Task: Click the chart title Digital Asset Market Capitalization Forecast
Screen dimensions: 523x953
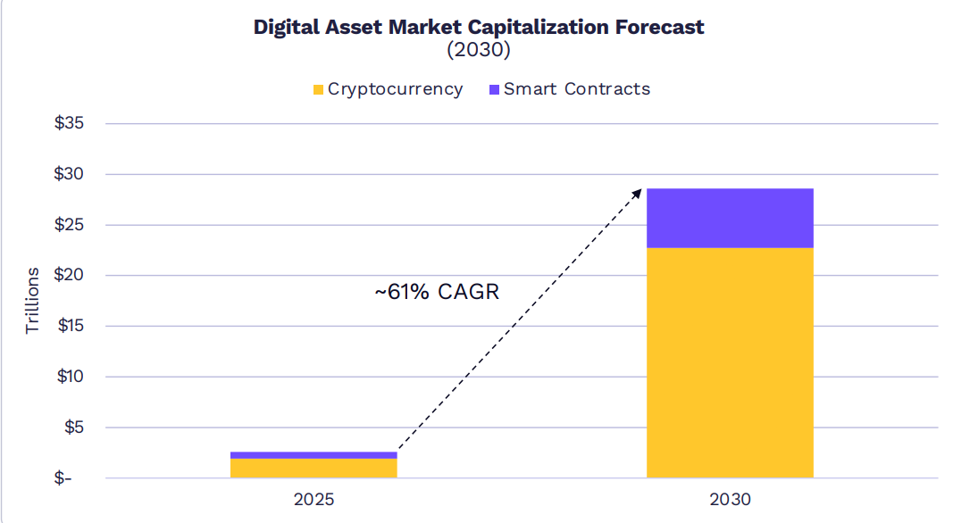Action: tap(479, 27)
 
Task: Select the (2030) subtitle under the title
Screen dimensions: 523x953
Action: tap(479, 50)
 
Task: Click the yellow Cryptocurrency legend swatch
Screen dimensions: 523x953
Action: tap(318, 89)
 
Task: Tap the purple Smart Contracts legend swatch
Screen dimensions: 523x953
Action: tap(494, 89)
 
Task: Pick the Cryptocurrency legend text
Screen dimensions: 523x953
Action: tap(395, 89)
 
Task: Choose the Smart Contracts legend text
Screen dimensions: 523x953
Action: tap(576, 89)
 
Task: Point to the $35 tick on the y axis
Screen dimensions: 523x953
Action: tap(70, 123)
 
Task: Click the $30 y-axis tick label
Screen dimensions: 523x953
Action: tap(70, 174)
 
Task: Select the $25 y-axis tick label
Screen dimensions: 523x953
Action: tap(70, 225)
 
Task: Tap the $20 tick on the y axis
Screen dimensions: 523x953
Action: tap(70, 275)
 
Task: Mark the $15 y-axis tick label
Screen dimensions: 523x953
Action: tap(70, 326)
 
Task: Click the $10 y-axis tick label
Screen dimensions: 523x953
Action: tap(70, 377)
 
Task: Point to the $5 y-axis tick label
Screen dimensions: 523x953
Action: tap(73, 428)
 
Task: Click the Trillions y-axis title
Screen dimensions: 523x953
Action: tap(32, 300)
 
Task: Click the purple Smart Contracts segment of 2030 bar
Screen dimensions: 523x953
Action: tap(730, 218)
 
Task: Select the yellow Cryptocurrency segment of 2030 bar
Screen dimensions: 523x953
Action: tap(730, 362)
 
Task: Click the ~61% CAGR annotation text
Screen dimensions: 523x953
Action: tap(436, 292)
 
